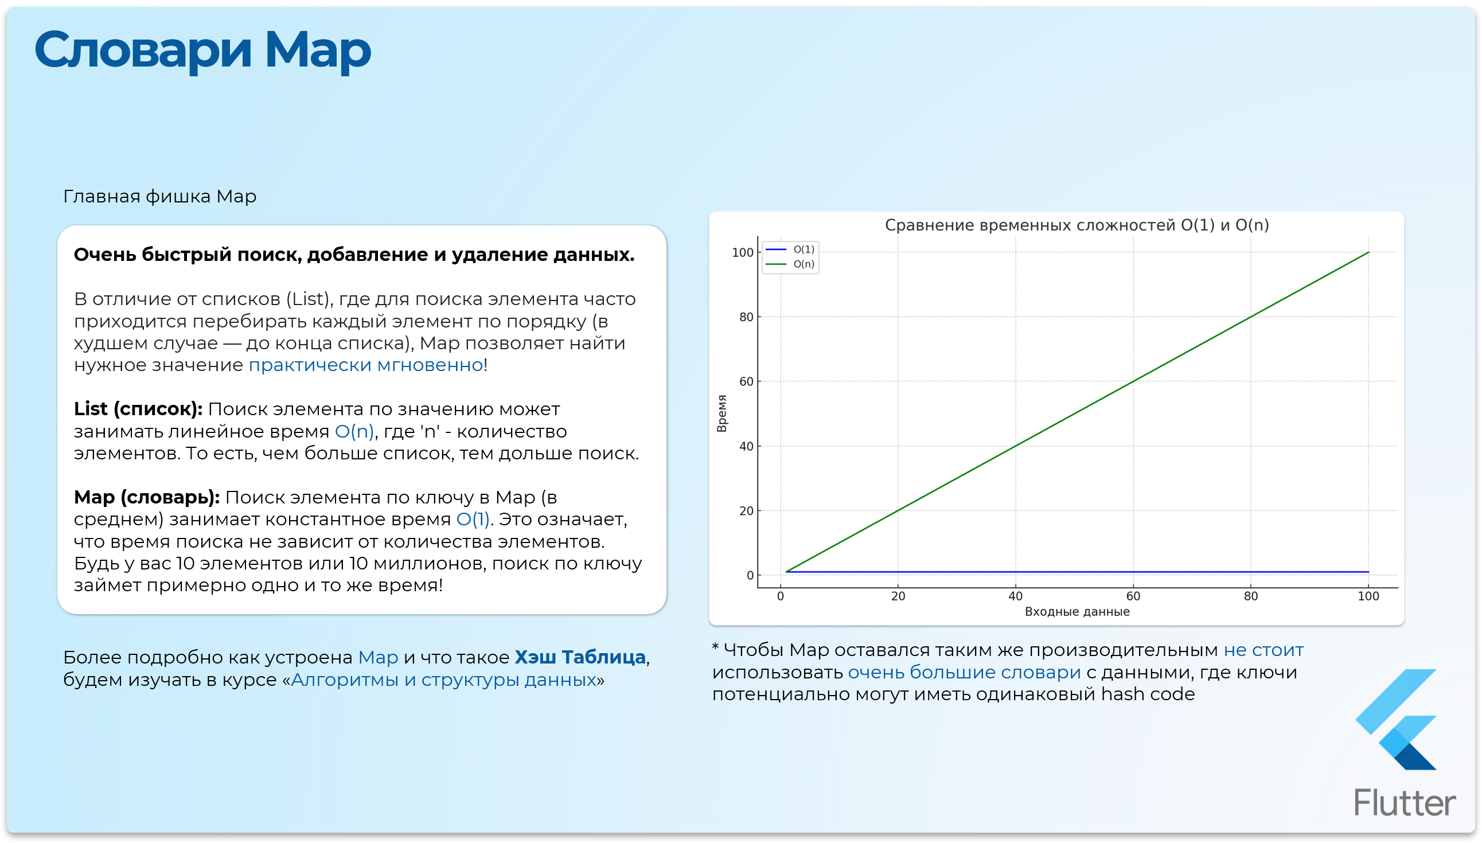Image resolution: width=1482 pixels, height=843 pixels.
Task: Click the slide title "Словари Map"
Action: pos(202,51)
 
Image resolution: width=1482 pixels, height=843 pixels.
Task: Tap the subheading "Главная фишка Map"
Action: pos(160,197)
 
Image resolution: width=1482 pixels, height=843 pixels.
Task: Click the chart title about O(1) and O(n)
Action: pos(1077,225)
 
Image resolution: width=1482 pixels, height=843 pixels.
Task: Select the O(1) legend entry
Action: pos(790,249)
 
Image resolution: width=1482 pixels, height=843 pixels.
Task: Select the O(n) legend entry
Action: pos(790,264)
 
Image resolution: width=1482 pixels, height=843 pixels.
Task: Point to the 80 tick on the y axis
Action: pos(746,317)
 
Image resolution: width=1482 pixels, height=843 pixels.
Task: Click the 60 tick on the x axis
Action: pos(1133,596)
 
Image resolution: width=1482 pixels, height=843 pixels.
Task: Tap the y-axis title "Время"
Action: pos(721,413)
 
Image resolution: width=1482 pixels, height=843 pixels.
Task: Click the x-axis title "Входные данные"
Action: pos(1077,612)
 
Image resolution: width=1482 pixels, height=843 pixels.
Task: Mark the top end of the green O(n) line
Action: pos(1368,252)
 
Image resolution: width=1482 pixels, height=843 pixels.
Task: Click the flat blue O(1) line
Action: pos(1077,572)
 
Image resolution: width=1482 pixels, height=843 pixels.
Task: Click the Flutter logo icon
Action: pos(1396,720)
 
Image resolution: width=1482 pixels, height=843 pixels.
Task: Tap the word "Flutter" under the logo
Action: pos(1405,803)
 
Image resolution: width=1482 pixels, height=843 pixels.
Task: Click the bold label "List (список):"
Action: pos(138,409)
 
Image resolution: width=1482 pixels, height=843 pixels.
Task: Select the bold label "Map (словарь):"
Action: pos(146,497)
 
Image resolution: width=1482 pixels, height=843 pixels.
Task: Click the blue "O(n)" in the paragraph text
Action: pos(354,432)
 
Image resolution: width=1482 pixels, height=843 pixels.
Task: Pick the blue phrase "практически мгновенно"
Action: pos(366,365)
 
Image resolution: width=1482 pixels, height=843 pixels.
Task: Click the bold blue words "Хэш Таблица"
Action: pos(580,657)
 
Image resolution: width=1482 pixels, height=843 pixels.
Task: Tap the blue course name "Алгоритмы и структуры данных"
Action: pos(443,680)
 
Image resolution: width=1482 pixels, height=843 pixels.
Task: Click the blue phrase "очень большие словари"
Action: pos(965,673)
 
